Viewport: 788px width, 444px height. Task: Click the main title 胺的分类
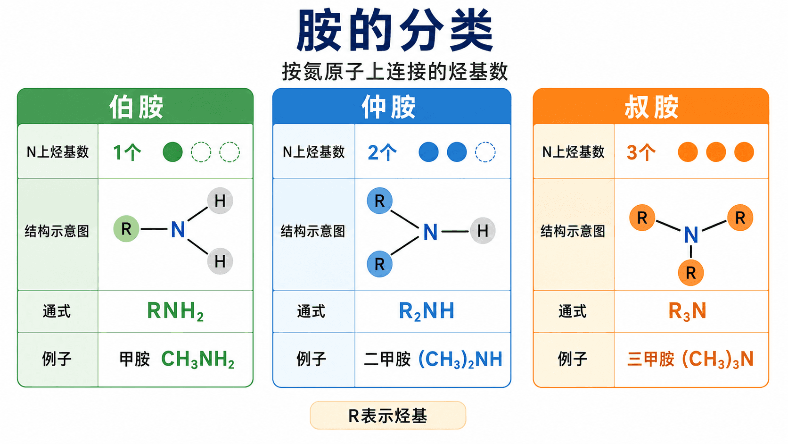(x=394, y=30)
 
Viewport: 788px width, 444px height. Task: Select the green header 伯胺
(x=136, y=107)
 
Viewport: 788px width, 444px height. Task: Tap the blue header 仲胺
(x=388, y=107)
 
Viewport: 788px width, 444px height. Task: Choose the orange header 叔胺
(x=651, y=107)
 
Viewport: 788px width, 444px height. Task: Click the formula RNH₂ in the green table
(x=175, y=311)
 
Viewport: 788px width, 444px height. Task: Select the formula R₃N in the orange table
(x=687, y=311)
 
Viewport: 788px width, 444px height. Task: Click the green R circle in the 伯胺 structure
(x=126, y=229)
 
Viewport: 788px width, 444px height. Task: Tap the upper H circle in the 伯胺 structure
(x=220, y=201)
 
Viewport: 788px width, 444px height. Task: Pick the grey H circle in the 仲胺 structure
(x=483, y=231)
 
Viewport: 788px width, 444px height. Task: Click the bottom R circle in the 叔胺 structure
(x=690, y=273)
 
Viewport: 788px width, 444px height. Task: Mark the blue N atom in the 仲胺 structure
(x=430, y=232)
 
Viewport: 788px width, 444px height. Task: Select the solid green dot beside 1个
(x=172, y=152)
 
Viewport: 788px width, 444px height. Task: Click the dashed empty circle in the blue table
(x=485, y=152)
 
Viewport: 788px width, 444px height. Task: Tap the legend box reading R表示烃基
(x=388, y=416)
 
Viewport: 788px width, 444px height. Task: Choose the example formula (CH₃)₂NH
(x=460, y=360)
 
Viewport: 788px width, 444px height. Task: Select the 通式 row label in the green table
(x=57, y=311)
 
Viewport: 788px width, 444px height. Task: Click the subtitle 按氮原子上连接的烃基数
(x=394, y=71)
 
